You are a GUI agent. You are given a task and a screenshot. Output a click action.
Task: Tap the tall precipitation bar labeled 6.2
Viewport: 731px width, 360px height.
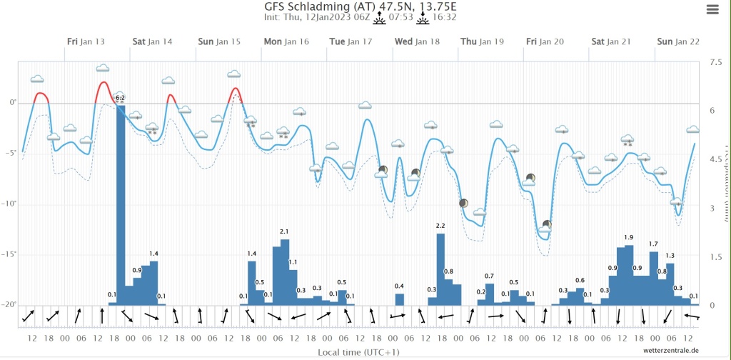tap(121, 204)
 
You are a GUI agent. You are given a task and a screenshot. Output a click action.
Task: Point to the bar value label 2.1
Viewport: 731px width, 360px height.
tap(284, 231)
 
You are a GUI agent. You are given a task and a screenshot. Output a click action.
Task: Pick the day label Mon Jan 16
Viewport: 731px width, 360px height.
tap(286, 41)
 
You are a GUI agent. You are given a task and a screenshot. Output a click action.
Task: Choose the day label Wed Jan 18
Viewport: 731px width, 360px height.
tap(418, 41)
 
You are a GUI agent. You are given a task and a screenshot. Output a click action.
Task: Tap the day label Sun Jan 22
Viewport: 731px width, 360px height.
tap(678, 41)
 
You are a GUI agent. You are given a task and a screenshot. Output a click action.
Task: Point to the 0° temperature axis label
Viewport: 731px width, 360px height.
tap(12, 103)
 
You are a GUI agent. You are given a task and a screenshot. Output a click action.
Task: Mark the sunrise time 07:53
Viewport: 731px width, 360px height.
tap(402, 17)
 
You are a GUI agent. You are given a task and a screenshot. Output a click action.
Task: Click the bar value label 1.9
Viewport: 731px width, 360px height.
tap(628, 238)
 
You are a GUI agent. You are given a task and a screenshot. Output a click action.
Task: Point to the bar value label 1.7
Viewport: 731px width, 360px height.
tap(653, 244)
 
